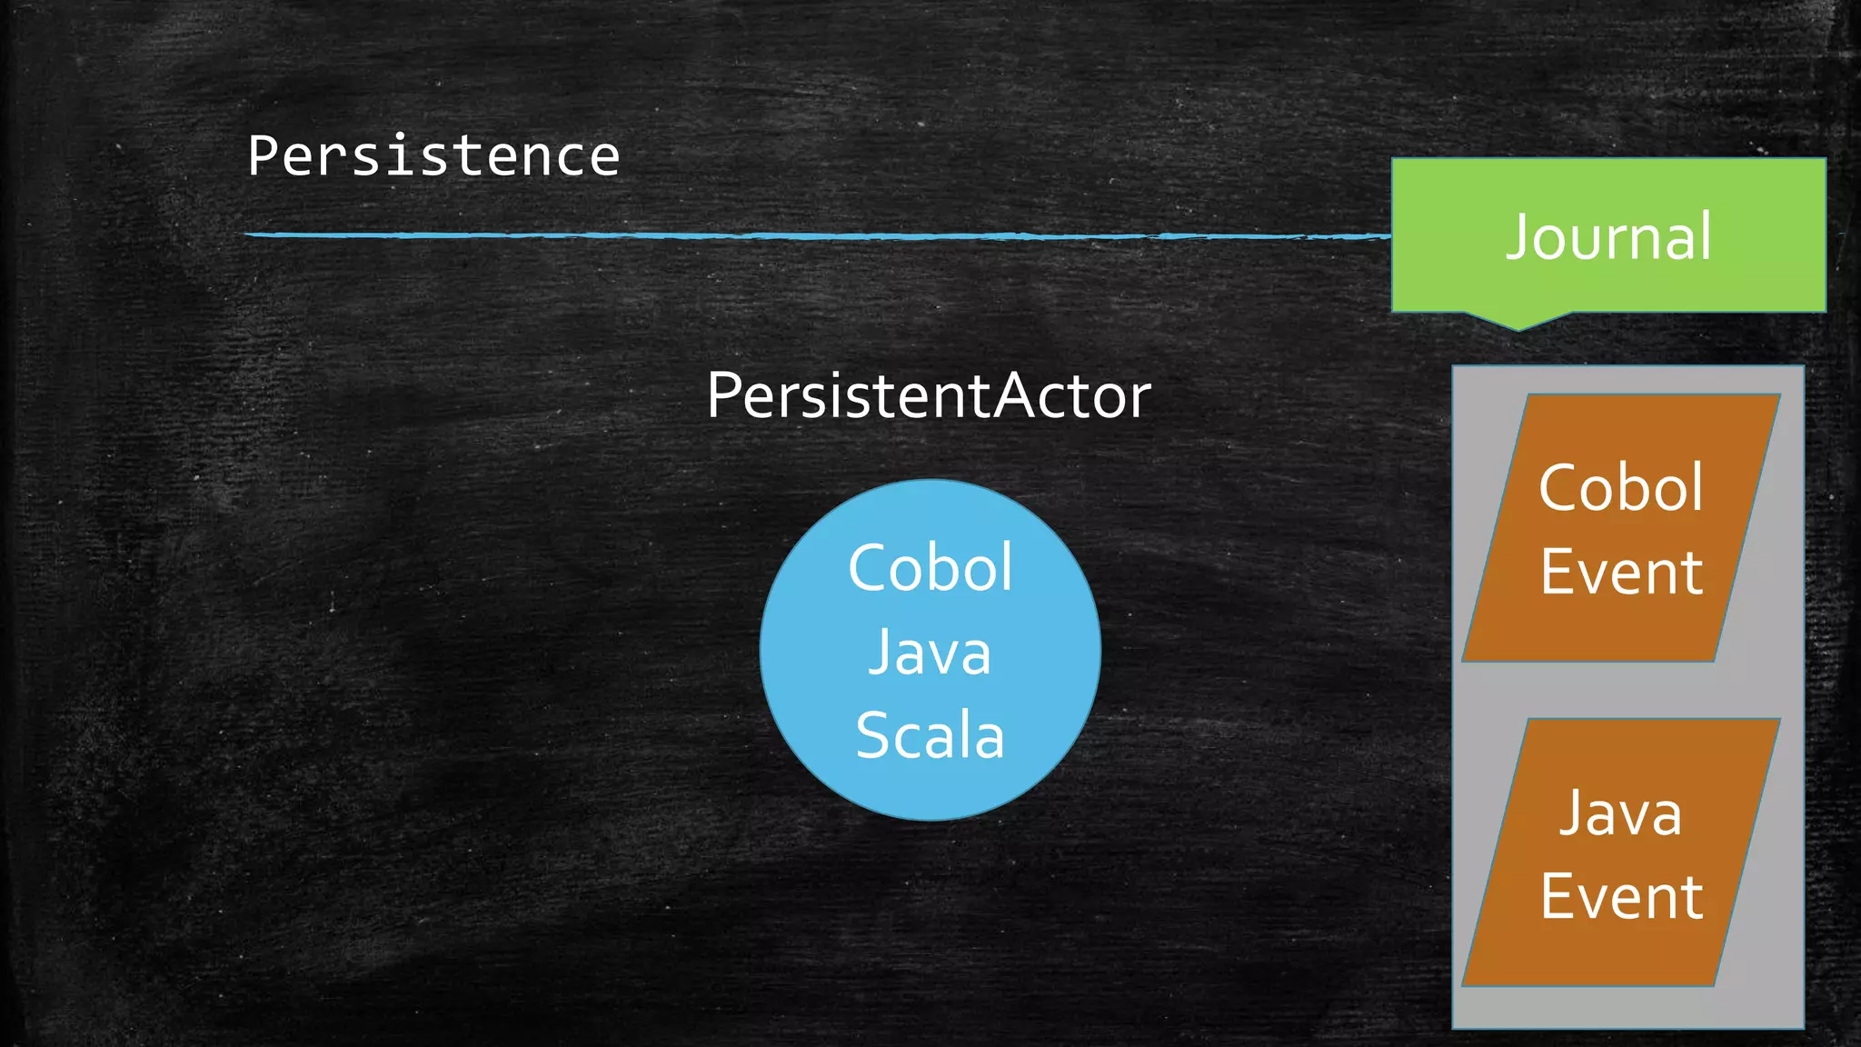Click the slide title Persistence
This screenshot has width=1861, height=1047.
click(433, 156)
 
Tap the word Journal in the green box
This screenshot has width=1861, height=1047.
click(1608, 237)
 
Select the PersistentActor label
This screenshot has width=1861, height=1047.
click(929, 396)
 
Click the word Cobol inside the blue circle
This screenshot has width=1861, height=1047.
click(930, 568)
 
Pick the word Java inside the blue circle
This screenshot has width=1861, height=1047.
click(930, 653)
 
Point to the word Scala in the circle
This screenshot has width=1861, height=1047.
click(930, 735)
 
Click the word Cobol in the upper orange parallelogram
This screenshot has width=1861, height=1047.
click(1621, 488)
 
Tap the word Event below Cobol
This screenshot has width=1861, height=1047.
click(1621, 573)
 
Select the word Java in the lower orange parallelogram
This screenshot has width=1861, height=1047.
click(1621, 813)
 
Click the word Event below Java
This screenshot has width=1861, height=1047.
click(1621, 897)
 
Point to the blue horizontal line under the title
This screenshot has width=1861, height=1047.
click(818, 235)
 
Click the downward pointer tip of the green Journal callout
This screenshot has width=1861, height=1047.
click(1518, 328)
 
